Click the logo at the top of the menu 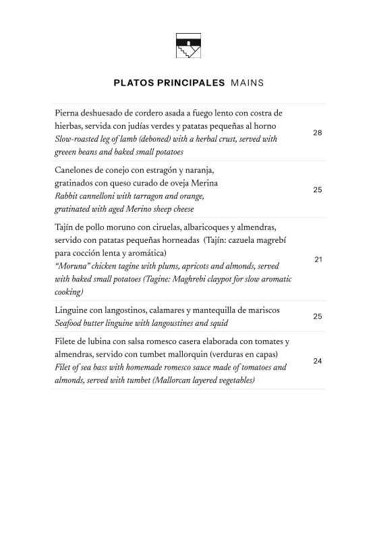coord(188,46)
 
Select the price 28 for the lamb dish coord(317,133)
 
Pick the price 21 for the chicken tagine coord(318,260)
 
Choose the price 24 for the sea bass coord(317,361)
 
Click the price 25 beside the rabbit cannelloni coord(317,190)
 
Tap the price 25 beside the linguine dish coord(317,316)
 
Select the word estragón coord(175,170)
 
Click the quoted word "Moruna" coord(75,266)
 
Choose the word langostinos coord(132,310)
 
